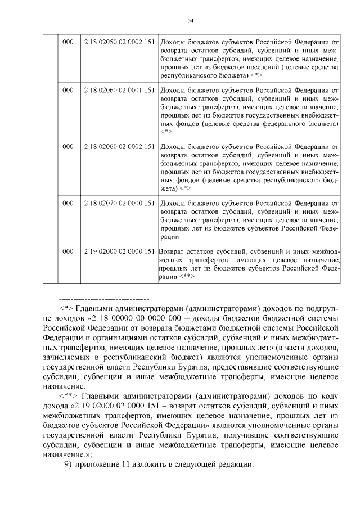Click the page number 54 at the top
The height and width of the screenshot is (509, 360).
click(190, 20)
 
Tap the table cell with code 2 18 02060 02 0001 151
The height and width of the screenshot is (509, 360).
click(119, 89)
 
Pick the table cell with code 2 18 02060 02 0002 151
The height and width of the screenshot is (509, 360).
click(119, 146)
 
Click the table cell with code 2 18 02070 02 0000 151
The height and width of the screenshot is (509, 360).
click(119, 202)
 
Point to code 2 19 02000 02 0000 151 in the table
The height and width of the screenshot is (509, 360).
click(119, 251)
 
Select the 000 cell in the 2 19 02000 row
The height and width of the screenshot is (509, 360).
click(67, 251)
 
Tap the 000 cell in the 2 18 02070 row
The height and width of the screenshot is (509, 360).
click(67, 202)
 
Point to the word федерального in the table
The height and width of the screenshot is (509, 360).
click(277, 123)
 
